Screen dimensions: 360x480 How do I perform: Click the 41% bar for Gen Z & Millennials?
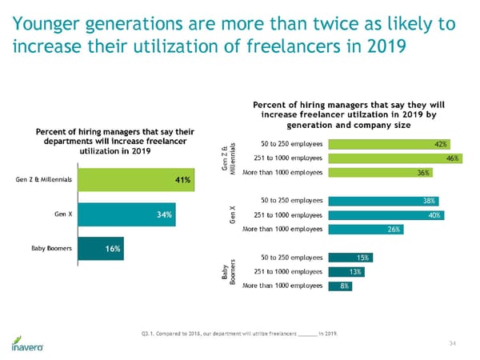pyautogui.click(x=135, y=180)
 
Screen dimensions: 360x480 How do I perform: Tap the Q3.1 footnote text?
pyautogui.click(x=241, y=332)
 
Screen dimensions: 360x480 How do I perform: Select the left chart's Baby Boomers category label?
pyautogui.click(x=52, y=249)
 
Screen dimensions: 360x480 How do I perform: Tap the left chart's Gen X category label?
pyautogui.click(x=65, y=214)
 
